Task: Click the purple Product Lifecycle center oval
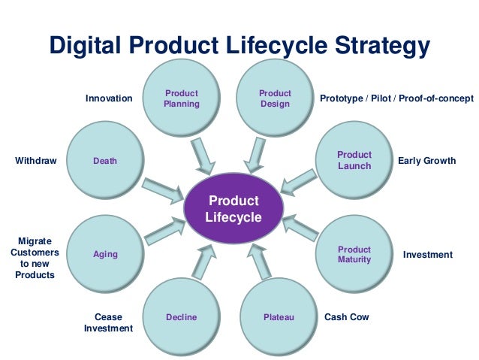[x=233, y=209]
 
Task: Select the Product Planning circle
[x=181, y=98]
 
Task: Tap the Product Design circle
[x=275, y=98]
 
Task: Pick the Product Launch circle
[x=354, y=160]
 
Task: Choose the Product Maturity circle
[x=354, y=254]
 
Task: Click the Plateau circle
[x=279, y=317]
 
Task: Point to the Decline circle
[x=181, y=317]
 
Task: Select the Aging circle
[x=105, y=254]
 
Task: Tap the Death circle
[x=105, y=160]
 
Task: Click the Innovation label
[x=108, y=98]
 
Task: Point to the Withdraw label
[x=35, y=160]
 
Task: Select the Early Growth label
[x=426, y=160]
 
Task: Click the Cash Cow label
[x=347, y=317]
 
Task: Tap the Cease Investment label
[x=108, y=322]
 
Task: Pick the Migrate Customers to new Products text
[x=35, y=258]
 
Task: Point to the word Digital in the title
[x=85, y=47]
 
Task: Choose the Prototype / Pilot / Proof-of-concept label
[x=396, y=98]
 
